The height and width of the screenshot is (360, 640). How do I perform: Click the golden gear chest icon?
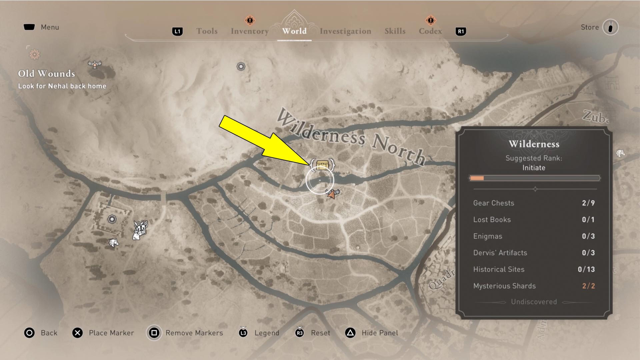pyautogui.click(x=322, y=165)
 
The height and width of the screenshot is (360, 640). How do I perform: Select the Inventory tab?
pyautogui.click(x=250, y=31)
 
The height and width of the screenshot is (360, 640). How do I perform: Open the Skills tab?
pyautogui.click(x=395, y=31)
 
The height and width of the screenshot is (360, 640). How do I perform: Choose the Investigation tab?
pyautogui.click(x=345, y=31)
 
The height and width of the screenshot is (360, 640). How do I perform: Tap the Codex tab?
pyautogui.click(x=430, y=31)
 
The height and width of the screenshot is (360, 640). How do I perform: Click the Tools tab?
pyautogui.click(x=207, y=31)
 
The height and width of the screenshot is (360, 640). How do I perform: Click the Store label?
pyautogui.click(x=590, y=27)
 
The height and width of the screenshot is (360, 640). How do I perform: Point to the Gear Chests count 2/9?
pyautogui.click(x=588, y=203)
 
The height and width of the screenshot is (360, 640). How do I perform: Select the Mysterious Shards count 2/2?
pyautogui.click(x=588, y=286)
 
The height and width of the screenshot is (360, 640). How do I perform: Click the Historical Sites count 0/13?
pyautogui.click(x=586, y=269)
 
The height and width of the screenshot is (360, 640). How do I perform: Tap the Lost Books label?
pyautogui.click(x=492, y=220)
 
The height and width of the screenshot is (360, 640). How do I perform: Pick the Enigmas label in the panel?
pyautogui.click(x=487, y=236)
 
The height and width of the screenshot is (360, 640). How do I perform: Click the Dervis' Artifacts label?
pyautogui.click(x=500, y=253)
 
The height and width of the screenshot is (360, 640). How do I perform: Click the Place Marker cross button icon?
pyautogui.click(x=78, y=333)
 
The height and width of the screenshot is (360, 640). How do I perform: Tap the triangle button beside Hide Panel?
pyautogui.click(x=350, y=333)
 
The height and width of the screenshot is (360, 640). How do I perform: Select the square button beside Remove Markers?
pyautogui.click(x=154, y=333)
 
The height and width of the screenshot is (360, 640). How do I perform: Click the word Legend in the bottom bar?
pyautogui.click(x=267, y=333)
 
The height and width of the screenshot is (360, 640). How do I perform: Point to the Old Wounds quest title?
pyautogui.click(x=46, y=74)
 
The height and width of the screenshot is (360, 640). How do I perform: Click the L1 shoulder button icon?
pyautogui.click(x=177, y=32)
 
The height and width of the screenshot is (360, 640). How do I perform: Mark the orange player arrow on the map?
pyautogui.click(x=331, y=194)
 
